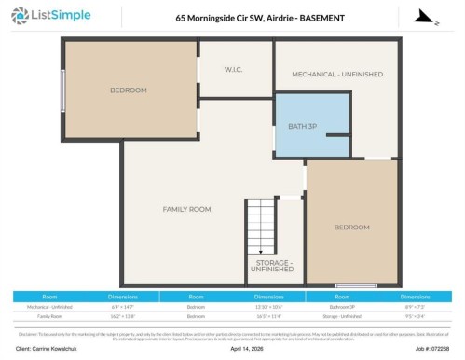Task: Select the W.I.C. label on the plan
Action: (x=235, y=70)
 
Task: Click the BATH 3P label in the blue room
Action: (x=303, y=126)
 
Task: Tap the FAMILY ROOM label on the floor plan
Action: (x=186, y=209)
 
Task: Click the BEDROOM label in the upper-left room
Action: (x=129, y=90)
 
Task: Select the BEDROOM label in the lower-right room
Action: (x=351, y=227)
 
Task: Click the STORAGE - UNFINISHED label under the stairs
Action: (x=275, y=269)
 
